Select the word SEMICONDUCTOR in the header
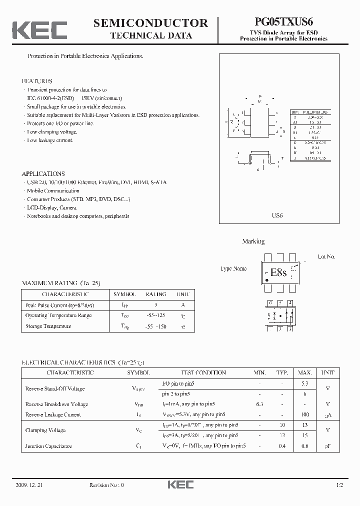pos(150,23)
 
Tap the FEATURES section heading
pos(37,81)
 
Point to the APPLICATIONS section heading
pos(43,174)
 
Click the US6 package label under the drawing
pos(277,215)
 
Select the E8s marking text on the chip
pos(278,272)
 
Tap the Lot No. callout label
pos(326,256)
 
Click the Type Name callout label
pos(233,268)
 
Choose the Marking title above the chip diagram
pos(253,241)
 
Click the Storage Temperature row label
pos(48,326)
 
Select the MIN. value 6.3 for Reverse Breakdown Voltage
pos(259,404)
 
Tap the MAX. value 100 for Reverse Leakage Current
pos(305,414)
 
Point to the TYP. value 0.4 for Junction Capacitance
pos(282,446)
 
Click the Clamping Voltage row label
pos(45,430)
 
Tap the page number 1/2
pos(339,485)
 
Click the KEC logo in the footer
pos(180,485)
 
